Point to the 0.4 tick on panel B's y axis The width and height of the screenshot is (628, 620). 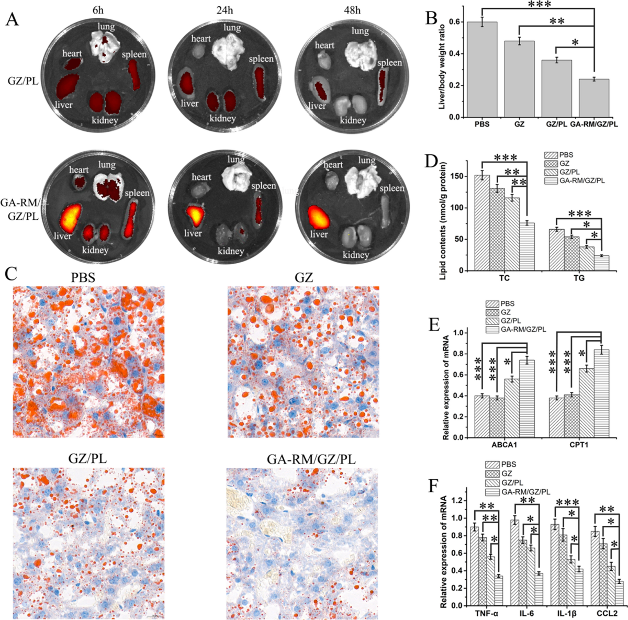click(453, 54)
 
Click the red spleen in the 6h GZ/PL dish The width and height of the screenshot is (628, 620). click(136, 77)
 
